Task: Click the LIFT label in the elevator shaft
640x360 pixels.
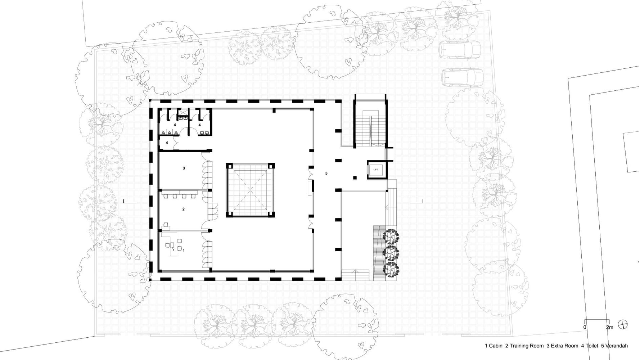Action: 376,170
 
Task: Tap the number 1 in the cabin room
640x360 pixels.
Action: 184,250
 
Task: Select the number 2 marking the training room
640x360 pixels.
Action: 184,209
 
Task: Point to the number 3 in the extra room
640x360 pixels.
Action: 184,168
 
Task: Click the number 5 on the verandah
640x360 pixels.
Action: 326,174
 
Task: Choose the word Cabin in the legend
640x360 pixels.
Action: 496,346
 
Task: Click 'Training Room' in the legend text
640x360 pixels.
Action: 527,346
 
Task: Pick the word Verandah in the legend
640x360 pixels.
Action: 617,346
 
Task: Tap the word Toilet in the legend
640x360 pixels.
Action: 592,346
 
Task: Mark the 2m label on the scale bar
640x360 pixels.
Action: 609,327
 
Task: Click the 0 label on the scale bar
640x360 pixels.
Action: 585,327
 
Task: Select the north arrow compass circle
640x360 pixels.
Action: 622,325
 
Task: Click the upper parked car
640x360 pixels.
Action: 460,49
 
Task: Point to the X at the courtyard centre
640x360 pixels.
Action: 251,190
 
